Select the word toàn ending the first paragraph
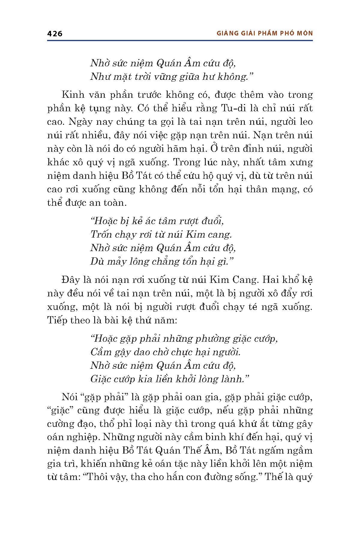point(114,203)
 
